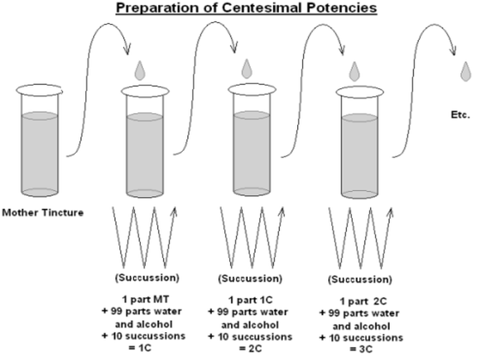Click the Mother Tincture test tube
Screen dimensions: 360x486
click(x=40, y=144)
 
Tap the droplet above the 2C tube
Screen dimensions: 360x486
click(x=247, y=68)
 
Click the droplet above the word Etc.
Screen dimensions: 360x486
click(x=466, y=71)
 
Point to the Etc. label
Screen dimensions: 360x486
click(x=461, y=114)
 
